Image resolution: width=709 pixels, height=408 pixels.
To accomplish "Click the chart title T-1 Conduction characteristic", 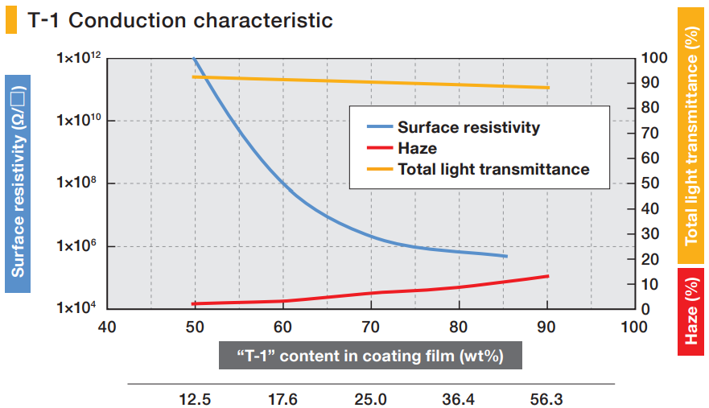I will click(x=179, y=20).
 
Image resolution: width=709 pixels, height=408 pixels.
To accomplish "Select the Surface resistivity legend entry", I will click(x=468, y=127).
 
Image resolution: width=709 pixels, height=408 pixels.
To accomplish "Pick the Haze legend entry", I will click(x=417, y=148).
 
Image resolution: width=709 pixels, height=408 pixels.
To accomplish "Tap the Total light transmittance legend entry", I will click(x=493, y=169).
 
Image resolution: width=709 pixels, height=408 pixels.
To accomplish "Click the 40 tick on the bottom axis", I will click(x=106, y=327).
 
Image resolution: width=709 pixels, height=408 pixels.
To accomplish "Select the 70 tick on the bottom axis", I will click(x=371, y=327).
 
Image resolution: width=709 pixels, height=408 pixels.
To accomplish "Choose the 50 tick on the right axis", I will click(x=649, y=183).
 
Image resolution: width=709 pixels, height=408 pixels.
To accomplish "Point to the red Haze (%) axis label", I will click(x=691, y=311).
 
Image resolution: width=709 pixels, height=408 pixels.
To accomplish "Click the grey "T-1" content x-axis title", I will click(x=370, y=356).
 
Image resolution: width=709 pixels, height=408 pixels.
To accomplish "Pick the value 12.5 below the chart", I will click(x=194, y=398).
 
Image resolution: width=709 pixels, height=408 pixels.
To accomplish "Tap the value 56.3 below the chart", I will click(x=547, y=398).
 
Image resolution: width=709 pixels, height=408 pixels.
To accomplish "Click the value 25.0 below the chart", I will click(x=371, y=398).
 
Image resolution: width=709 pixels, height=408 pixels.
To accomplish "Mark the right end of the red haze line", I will click(x=548, y=276).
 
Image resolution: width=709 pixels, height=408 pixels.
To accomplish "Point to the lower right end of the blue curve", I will click(x=506, y=256).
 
